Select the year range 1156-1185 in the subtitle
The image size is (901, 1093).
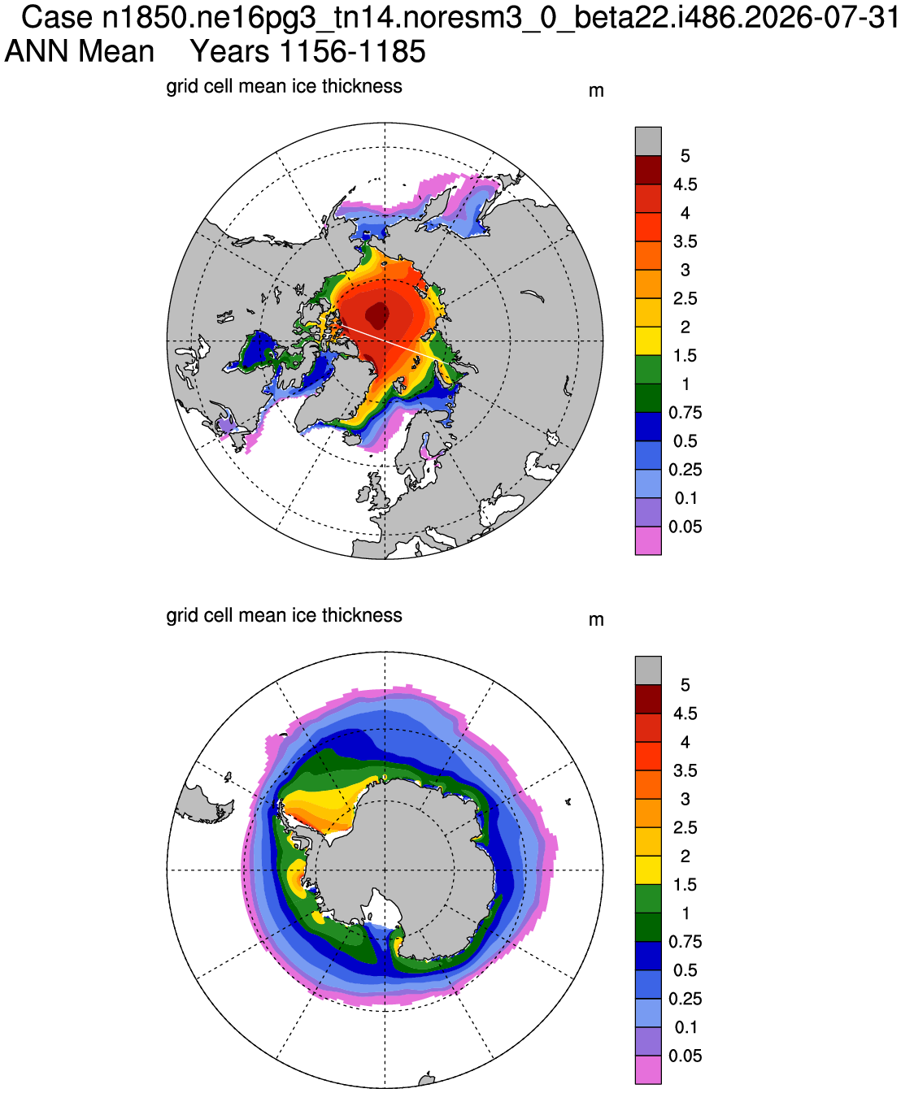pos(352,51)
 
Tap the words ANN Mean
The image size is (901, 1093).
pos(79,51)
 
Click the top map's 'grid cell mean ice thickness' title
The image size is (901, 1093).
pos(284,86)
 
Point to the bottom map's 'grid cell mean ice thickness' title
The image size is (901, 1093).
pos(284,616)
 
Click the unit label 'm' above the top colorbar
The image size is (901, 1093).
pos(596,91)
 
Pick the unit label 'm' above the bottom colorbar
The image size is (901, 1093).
pos(596,620)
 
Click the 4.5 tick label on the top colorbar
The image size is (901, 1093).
pos(686,184)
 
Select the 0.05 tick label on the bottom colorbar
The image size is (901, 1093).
pos(686,1056)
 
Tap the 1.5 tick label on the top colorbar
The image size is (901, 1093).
pos(686,355)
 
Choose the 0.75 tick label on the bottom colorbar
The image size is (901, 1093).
pos(686,942)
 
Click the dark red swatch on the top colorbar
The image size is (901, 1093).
pos(648,170)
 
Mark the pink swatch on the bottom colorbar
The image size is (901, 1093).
pos(648,1069)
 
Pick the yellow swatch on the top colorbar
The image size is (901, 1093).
pos(648,340)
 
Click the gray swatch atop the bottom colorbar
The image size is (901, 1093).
pos(648,670)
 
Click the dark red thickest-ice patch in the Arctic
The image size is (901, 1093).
pos(377,315)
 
